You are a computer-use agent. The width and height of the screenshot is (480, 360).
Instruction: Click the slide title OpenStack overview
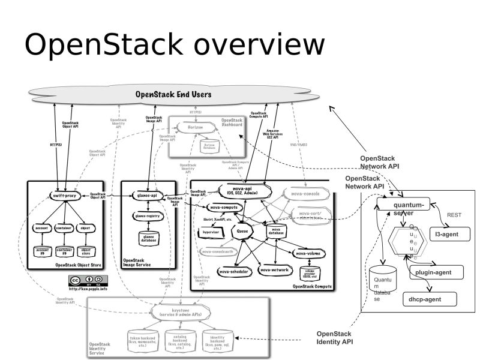click(x=174, y=46)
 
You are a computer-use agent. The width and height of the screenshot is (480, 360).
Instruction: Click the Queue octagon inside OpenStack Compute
click(x=244, y=230)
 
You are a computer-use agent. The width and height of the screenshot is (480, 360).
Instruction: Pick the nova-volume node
click(x=310, y=254)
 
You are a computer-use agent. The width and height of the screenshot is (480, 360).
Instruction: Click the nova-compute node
click(x=226, y=208)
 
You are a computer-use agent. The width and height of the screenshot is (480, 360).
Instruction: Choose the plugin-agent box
click(x=437, y=272)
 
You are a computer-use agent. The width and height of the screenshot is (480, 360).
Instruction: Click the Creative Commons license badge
click(x=89, y=280)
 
